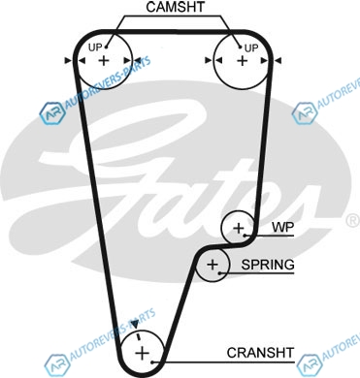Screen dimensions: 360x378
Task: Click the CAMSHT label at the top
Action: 176,8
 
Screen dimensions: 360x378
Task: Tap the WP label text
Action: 283,227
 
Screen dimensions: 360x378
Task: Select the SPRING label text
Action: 268,265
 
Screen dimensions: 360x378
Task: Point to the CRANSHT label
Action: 260,353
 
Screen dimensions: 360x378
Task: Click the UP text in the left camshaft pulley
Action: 95,47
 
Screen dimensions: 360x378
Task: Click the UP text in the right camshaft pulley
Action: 251,48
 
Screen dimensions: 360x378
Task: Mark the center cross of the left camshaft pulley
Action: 104,60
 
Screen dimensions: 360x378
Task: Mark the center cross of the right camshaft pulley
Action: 242,61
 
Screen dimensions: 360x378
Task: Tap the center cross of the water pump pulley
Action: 239,229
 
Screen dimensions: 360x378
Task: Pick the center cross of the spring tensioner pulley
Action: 213,265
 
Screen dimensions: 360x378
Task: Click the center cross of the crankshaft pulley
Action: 142,353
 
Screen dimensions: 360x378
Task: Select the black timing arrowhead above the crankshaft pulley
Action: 135,324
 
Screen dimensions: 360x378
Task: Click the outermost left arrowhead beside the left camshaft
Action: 68,60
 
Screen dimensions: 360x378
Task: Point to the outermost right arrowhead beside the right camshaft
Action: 278,60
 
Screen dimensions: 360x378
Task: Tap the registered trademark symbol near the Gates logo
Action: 353,220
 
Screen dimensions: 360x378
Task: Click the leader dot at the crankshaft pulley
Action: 152,362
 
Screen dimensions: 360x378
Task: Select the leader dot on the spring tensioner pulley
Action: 220,273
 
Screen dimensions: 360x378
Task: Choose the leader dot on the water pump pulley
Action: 245,236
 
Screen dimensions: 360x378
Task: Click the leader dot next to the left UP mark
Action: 106,47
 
